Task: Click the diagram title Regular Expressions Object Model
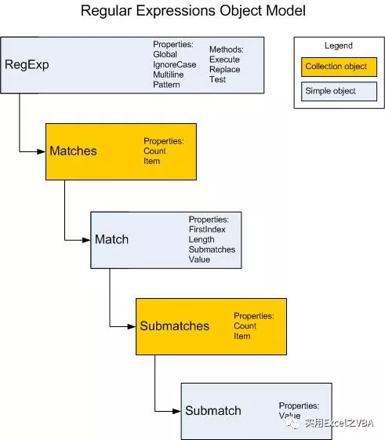tap(193, 12)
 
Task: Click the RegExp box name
tap(27, 64)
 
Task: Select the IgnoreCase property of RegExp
tap(175, 64)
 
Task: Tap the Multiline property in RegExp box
tap(170, 75)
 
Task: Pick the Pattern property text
tap(166, 85)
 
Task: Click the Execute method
tap(224, 60)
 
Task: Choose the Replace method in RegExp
tap(224, 70)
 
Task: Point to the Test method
tap(217, 80)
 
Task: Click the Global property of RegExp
tap(165, 54)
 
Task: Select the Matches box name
tap(73, 151)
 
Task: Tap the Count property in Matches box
tap(154, 151)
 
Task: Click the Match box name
tap(111, 238)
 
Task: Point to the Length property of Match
tap(201, 239)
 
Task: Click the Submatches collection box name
tap(174, 325)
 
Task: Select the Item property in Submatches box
tap(242, 336)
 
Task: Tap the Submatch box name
tap(212, 411)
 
